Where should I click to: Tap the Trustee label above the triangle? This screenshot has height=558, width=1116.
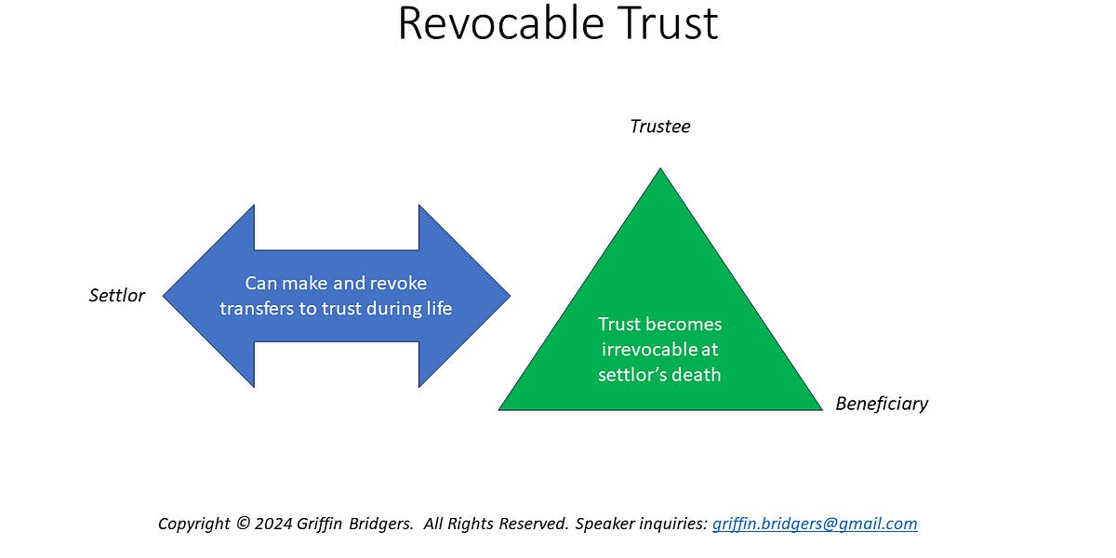660,126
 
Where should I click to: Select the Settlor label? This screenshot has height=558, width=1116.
117,297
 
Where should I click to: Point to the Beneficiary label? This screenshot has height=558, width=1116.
882,404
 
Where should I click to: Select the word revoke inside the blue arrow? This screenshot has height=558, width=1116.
403,284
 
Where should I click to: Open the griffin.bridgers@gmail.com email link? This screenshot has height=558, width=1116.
815,524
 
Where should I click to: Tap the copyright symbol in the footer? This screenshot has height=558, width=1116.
243,524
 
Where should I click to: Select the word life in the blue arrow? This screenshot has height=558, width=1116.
437,308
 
